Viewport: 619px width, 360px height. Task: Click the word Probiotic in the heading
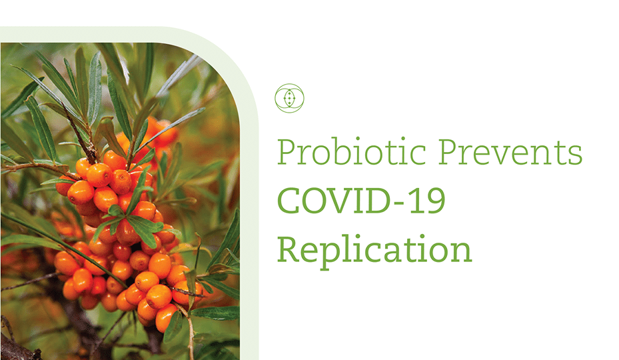pyautogui.click(x=352, y=151)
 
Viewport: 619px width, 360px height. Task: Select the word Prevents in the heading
pyautogui.click(x=510, y=151)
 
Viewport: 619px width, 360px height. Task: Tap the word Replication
pyautogui.click(x=374, y=249)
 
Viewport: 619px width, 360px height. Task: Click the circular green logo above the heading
pyautogui.click(x=289, y=98)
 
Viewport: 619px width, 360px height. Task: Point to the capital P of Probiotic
pyautogui.click(x=287, y=151)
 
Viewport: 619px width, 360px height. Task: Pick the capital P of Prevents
pyautogui.click(x=448, y=151)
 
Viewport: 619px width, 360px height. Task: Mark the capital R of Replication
pyautogui.click(x=289, y=249)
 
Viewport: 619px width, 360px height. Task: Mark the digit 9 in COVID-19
pyautogui.click(x=434, y=200)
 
